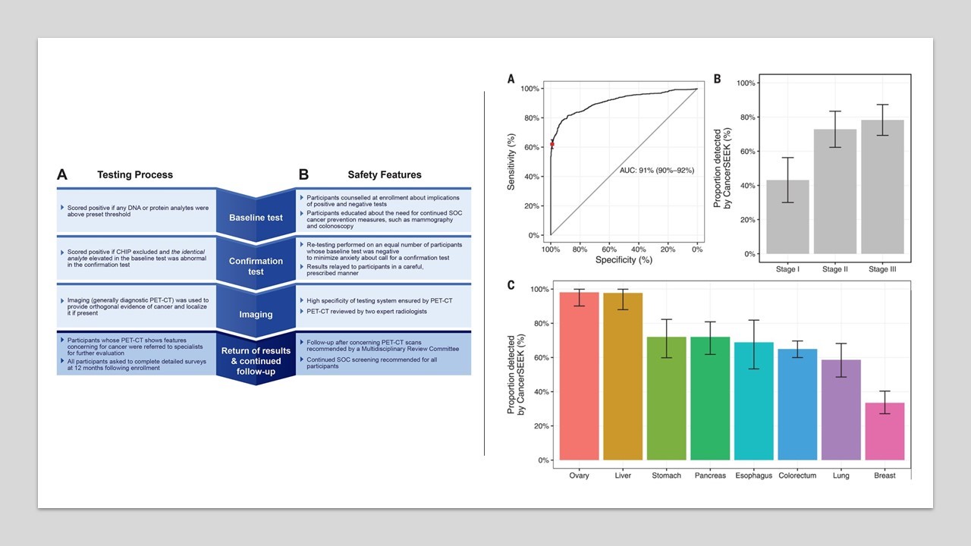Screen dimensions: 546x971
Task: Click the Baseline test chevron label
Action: [256, 218]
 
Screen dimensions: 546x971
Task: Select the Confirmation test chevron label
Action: [256, 266]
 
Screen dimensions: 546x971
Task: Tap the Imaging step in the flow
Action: [256, 314]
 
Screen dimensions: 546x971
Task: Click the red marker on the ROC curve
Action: [552, 144]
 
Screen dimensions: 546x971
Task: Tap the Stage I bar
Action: [787, 217]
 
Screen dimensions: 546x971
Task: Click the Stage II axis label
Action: [835, 268]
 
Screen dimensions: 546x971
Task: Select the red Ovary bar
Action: [580, 376]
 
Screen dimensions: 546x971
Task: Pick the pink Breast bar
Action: [885, 431]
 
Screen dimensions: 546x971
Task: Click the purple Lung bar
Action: [841, 409]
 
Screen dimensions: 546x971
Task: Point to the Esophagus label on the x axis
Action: [753, 475]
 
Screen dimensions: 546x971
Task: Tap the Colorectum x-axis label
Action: [797, 475]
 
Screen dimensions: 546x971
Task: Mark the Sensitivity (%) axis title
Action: [512, 162]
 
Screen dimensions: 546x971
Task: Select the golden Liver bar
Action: [623, 376]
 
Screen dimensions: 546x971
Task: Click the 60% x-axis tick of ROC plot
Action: [608, 248]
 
